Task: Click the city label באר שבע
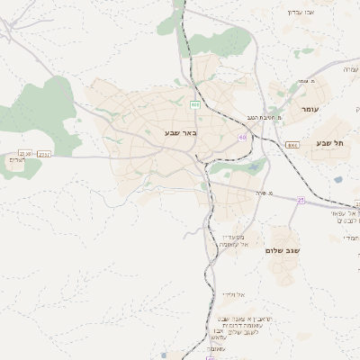click(180, 132)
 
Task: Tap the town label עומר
click(310, 109)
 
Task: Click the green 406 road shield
click(194, 104)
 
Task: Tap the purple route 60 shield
click(242, 137)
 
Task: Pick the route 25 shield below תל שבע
click(301, 200)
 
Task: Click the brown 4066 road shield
click(292, 144)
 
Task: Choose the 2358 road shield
click(44, 154)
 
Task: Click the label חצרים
click(16, 160)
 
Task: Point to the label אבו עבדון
click(299, 12)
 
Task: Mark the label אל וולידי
click(231, 294)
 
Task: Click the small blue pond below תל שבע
click(337, 180)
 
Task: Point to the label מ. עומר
click(306, 81)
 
